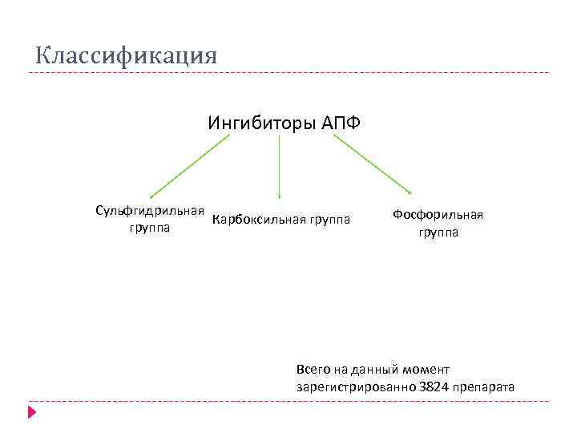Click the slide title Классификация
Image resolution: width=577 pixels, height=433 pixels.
point(126,56)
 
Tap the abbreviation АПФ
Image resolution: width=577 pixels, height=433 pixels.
point(341,123)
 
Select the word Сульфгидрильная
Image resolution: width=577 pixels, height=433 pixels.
point(150,211)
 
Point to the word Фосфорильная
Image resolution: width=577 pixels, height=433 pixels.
point(438,215)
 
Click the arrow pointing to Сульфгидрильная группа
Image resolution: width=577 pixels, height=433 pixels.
point(189,165)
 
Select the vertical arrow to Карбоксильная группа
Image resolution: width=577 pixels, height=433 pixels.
point(279,164)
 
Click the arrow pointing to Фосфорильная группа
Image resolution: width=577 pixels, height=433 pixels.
point(373,164)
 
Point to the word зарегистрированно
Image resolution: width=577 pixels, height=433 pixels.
point(355,387)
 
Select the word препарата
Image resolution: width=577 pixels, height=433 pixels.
point(484,387)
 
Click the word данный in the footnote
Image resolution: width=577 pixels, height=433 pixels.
point(372,370)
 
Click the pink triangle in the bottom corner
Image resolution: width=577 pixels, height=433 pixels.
point(32,413)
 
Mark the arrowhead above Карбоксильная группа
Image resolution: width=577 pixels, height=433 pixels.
point(279,195)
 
